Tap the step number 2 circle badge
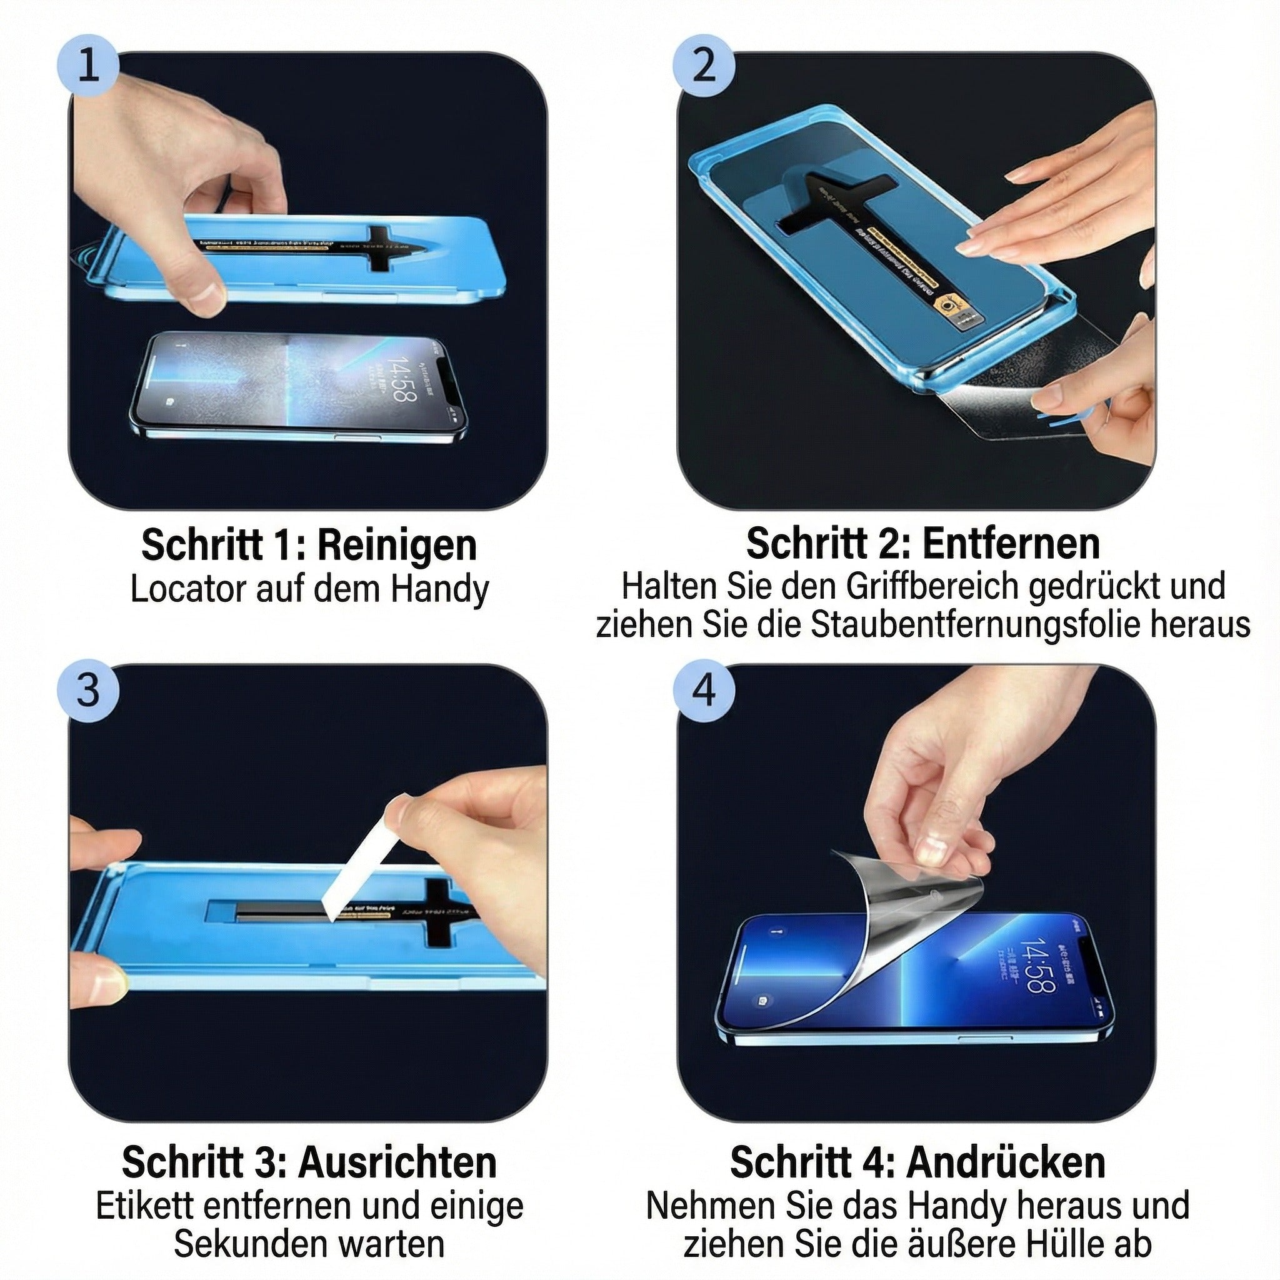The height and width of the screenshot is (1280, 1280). [x=704, y=66]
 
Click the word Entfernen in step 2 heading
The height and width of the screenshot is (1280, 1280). [x=1011, y=544]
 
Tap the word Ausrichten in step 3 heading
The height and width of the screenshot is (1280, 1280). [x=397, y=1162]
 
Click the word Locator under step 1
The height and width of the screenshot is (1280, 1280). [x=187, y=589]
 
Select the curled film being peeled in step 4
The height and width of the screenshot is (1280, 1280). [x=907, y=894]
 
